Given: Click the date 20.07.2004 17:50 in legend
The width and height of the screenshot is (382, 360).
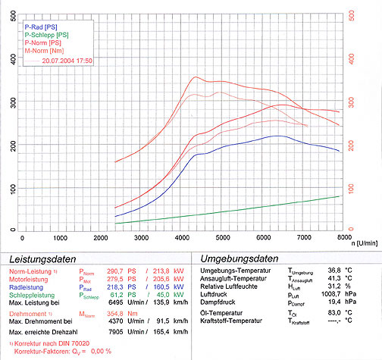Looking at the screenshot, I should [67, 60].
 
